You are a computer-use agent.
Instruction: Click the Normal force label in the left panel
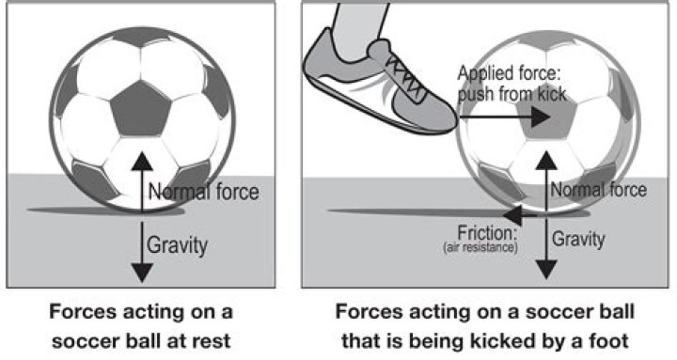tap(202, 194)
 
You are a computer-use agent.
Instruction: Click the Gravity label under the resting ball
tap(176, 245)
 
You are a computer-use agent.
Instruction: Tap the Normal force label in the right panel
tap(598, 190)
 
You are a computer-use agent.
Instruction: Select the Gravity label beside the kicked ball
tap(577, 239)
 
